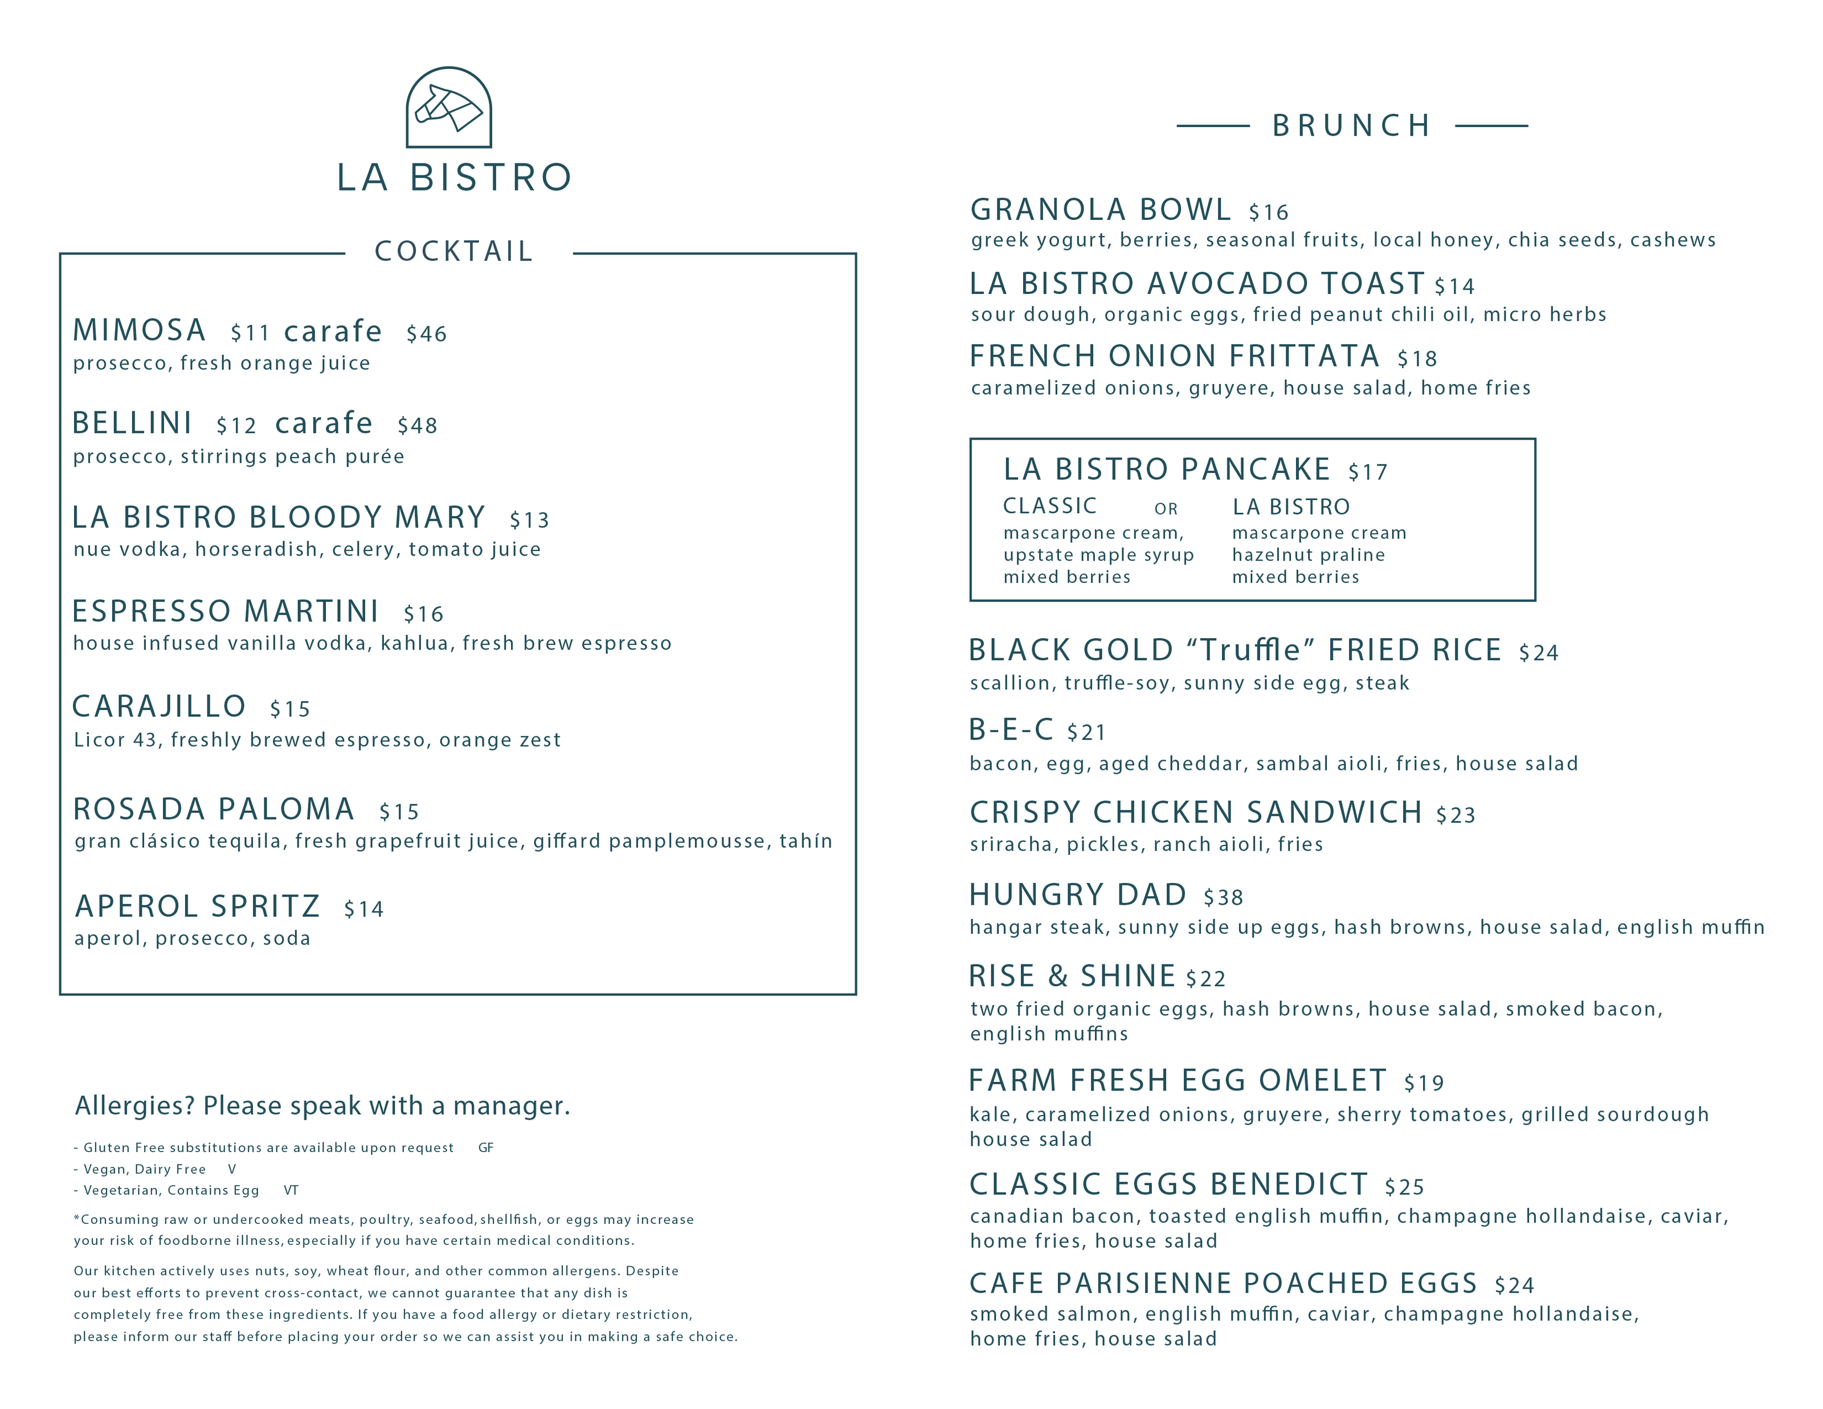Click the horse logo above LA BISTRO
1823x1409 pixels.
point(449,108)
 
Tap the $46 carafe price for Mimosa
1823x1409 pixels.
point(427,334)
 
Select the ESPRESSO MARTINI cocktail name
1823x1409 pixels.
point(226,612)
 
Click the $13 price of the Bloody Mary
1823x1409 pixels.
point(529,520)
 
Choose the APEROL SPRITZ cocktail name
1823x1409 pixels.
point(198,906)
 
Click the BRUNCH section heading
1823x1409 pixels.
point(1351,126)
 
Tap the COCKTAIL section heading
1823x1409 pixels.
point(454,251)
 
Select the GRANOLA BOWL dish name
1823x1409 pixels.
point(1100,210)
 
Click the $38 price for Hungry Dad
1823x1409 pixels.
point(1223,897)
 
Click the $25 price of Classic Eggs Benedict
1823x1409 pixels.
point(1404,1187)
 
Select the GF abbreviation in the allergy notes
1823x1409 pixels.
point(486,1147)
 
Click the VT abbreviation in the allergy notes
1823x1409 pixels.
point(291,1190)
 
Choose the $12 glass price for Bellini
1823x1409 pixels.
point(236,426)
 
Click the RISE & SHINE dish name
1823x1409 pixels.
point(1072,977)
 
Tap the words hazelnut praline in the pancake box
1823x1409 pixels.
point(1308,555)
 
